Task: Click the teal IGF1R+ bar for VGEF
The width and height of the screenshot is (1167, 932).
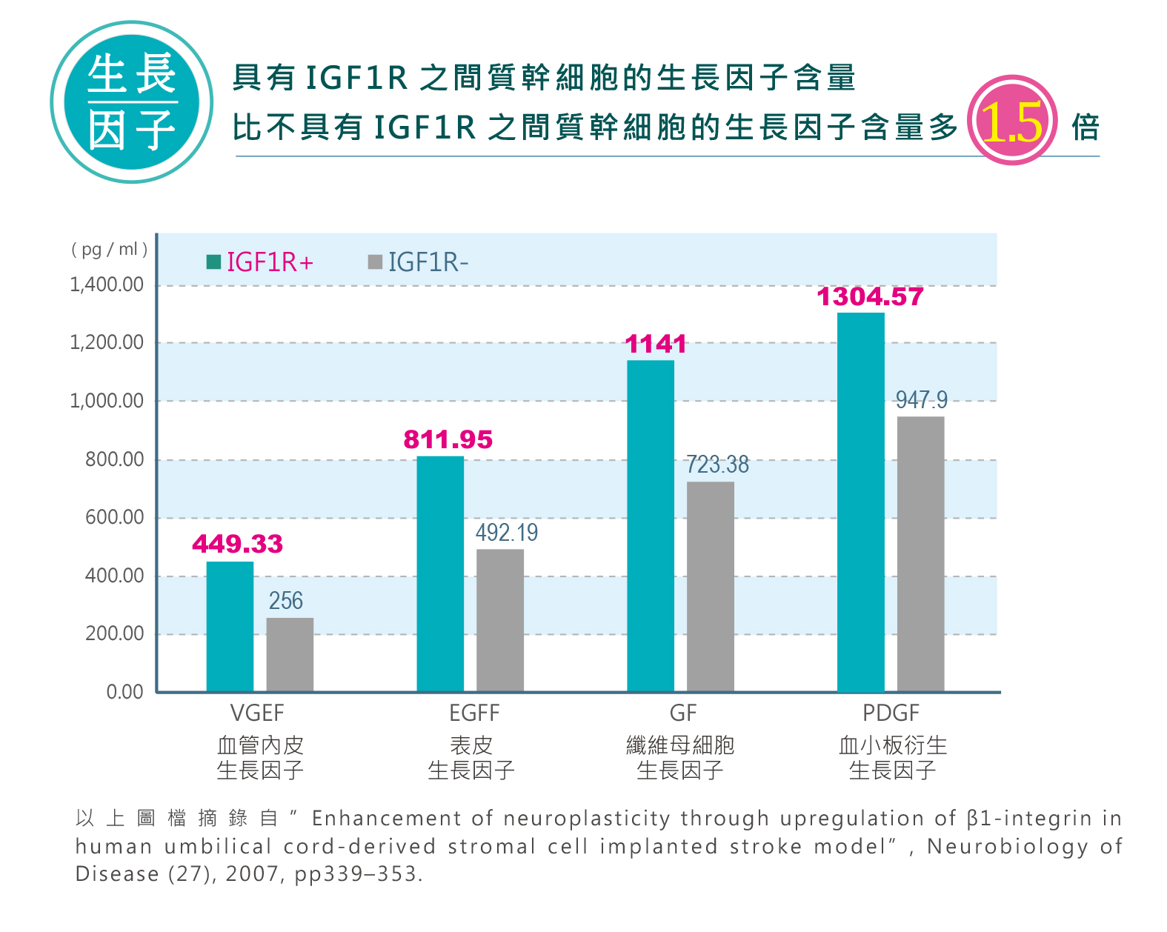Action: point(230,626)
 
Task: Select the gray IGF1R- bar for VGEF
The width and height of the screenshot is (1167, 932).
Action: point(290,654)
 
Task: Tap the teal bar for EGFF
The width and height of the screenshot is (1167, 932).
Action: point(440,573)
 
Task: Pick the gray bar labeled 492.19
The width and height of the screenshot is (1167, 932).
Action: point(500,620)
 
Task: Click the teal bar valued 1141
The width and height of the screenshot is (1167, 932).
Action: point(651,526)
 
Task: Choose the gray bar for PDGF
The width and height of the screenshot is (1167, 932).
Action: point(920,554)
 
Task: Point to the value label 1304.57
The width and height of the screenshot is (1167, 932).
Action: point(870,297)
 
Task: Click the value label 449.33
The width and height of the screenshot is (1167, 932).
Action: point(237,545)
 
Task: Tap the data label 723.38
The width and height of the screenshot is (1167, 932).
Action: point(717,465)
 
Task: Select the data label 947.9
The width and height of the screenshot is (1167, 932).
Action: point(921,400)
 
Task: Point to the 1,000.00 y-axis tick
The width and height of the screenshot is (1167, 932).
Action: point(107,401)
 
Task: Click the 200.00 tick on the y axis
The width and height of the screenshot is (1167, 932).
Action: point(114,633)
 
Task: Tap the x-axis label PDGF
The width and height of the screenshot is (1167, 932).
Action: point(891,713)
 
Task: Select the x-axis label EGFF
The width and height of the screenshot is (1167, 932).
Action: point(474,713)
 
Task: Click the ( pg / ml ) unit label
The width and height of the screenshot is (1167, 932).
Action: point(109,249)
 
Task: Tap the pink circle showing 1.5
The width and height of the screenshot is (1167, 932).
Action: point(1012,121)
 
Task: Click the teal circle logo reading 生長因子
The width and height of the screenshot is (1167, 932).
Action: point(132,102)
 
